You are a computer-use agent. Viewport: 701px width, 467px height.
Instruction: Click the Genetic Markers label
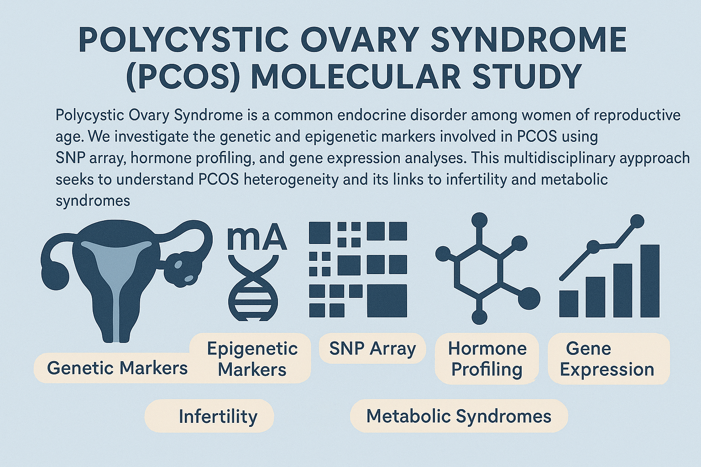coord(117,368)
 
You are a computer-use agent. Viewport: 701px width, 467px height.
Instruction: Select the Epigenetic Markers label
coord(252,359)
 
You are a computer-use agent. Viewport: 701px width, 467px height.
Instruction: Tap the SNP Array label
coord(373,348)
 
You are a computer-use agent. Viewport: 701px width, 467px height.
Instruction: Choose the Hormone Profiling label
coord(487,359)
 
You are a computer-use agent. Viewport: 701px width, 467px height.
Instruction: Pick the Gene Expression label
coord(607,359)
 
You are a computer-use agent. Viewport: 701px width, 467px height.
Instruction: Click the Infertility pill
coord(209,416)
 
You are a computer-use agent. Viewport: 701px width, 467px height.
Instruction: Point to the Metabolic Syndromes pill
coord(459,416)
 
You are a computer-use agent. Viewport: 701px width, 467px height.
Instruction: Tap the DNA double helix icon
coord(253,288)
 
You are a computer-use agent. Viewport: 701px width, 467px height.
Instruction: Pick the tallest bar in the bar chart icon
coord(650,281)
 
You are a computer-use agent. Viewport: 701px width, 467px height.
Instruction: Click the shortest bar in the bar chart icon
coord(569,304)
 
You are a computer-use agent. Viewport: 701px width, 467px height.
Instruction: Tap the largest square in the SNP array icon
coord(387,301)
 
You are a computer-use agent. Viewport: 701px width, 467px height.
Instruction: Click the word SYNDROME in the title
coord(529,41)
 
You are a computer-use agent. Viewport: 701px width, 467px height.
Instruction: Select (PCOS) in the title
coord(183,77)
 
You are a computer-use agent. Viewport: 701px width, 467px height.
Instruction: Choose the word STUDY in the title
coord(522,77)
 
